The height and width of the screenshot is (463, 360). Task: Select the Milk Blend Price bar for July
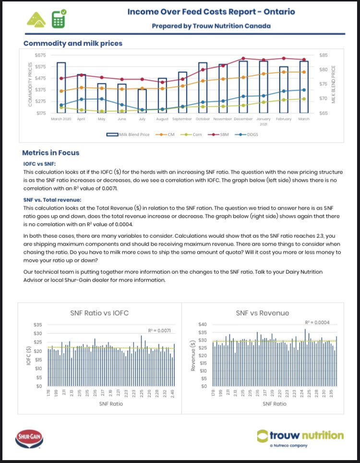pos(142,100)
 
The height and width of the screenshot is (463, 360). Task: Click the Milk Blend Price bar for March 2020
pos(61,87)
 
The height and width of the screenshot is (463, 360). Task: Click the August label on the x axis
pos(162,119)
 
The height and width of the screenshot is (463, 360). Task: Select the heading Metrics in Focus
pos(50,153)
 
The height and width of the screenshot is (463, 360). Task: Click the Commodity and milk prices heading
pos(73,43)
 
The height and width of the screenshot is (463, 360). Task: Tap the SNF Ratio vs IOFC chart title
pos(99,313)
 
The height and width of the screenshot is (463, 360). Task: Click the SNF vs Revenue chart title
pos(262,313)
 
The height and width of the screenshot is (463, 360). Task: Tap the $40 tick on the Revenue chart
pos(203,325)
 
